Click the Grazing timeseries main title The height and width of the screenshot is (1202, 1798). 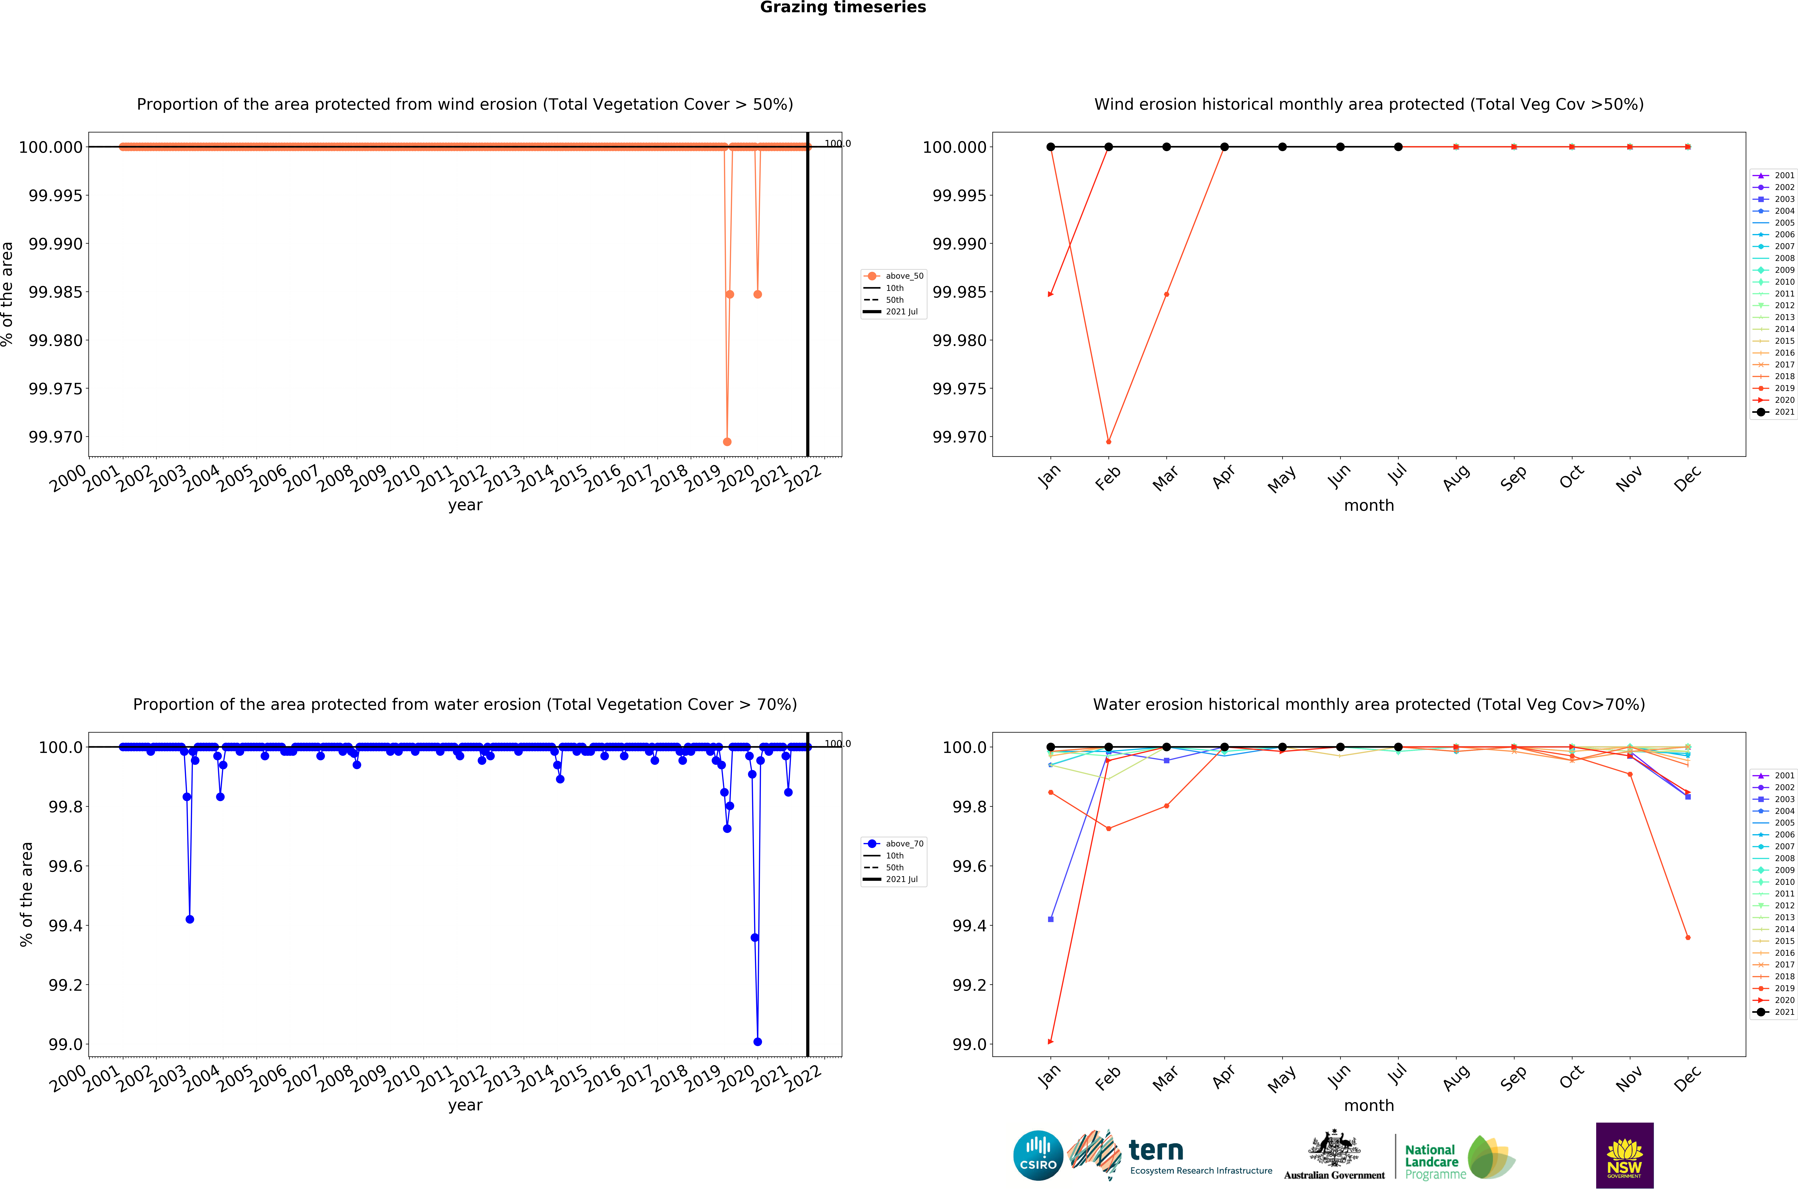pyautogui.click(x=842, y=8)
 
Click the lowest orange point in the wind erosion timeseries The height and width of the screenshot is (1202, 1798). pyautogui.click(x=727, y=442)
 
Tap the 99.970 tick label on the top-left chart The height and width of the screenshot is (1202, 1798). pyautogui.click(x=55, y=437)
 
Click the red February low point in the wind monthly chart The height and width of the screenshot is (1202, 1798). pyautogui.click(x=1108, y=442)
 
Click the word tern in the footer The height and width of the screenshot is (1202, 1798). pyautogui.click(x=1156, y=1151)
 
